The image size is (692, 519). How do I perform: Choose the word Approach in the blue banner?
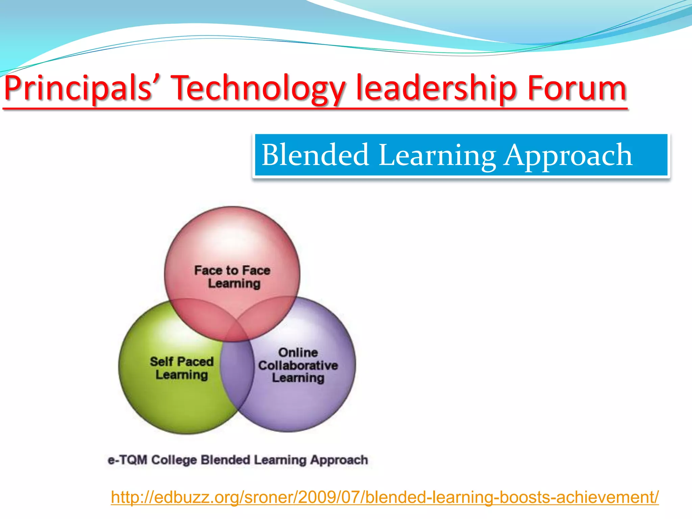click(x=568, y=155)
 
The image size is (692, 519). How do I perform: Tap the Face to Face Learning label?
click(x=233, y=277)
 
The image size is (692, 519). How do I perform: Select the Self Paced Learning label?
click(x=182, y=368)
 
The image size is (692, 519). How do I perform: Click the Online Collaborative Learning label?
click(x=298, y=365)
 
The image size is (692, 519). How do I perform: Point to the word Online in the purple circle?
click(x=298, y=352)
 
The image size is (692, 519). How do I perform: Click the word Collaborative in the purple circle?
click(x=298, y=365)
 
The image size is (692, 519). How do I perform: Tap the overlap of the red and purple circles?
click(x=267, y=314)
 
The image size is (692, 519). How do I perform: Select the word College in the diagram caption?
click(x=174, y=460)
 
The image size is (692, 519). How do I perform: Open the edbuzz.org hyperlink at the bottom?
click(x=385, y=497)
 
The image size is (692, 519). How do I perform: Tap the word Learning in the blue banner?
click(x=437, y=155)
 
